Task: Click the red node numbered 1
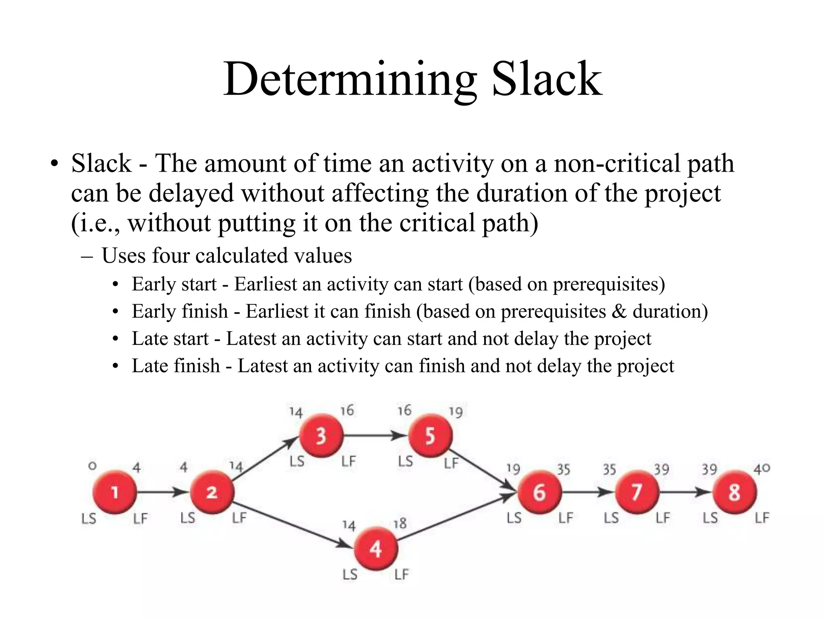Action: pyautogui.click(x=115, y=492)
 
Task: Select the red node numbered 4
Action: pyautogui.click(x=376, y=548)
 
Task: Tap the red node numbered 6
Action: pyautogui.click(x=539, y=492)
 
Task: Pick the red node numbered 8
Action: pyautogui.click(x=734, y=492)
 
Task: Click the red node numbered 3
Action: pyautogui.click(x=321, y=436)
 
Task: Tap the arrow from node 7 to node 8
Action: pyautogui.click(x=685, y=492)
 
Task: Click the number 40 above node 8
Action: pyautogui.click(x=762, y=468)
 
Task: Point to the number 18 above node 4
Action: pyautogui.click(x=400, y=523)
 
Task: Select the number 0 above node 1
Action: pyautogui.click(x=92, y=466)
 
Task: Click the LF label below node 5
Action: pyautogui.click(x=451, y=463)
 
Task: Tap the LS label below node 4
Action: pyautogui.click(x=350, y=574)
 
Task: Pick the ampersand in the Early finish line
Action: pyautogui.click(x=619, y=312)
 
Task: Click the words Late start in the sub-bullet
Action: pyautogui.click(x=170, y=339)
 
